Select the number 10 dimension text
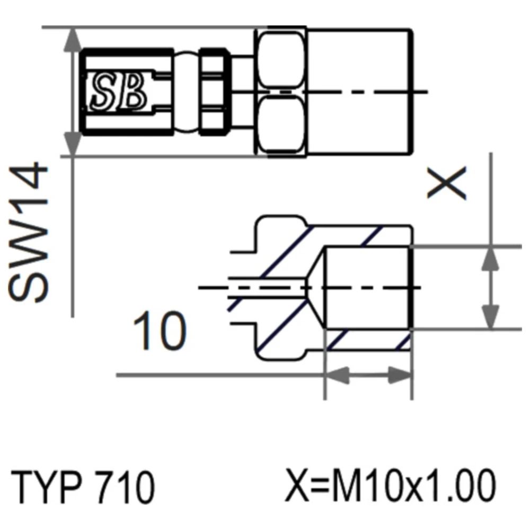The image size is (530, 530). tap(160, 331)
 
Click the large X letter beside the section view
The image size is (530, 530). tap(447, 182)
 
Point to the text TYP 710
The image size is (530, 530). tap(83, 486)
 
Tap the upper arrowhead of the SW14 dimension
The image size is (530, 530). tap(72, 40)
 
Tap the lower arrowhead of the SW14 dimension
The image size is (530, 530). tap(72, 144)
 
